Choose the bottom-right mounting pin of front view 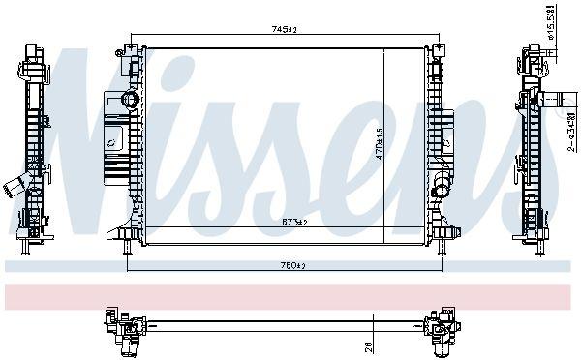[x=443, y=249]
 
